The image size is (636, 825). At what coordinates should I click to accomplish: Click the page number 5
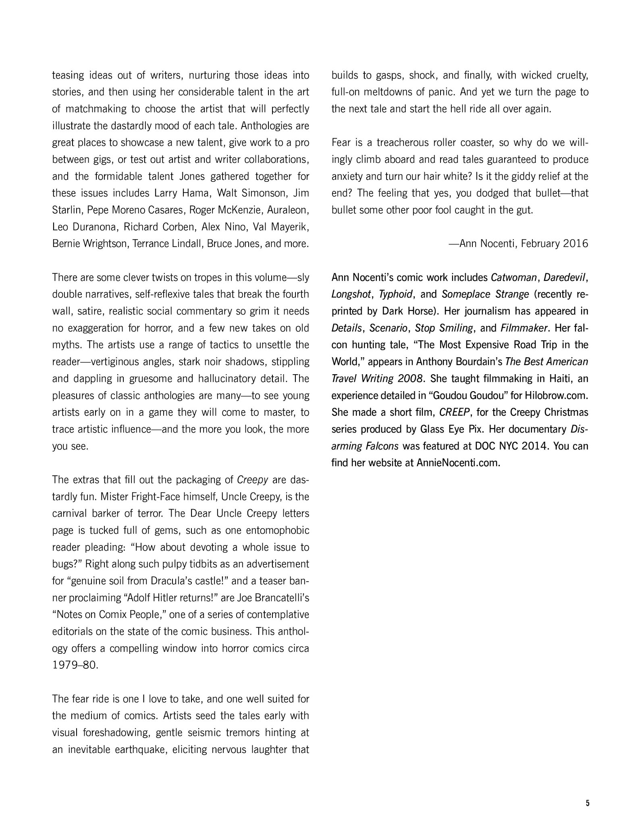[587, 803]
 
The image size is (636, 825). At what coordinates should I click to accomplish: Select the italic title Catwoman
[513, 278]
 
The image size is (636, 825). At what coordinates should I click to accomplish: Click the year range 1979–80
[75, 665]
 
